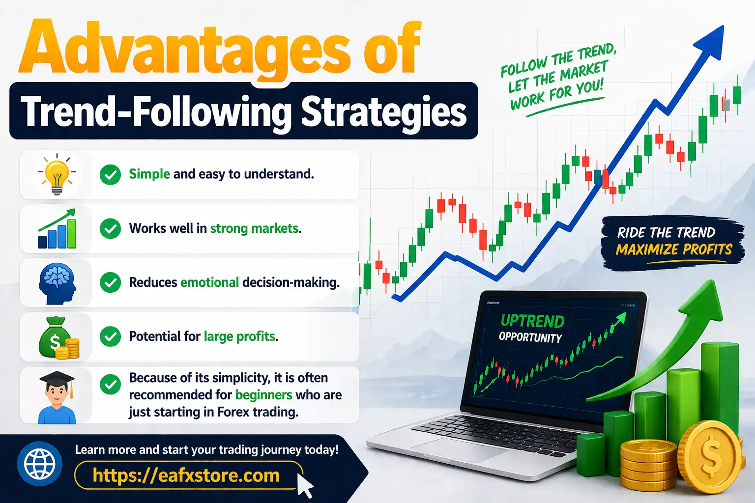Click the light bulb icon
(57, 175)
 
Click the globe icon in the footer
(40, 464)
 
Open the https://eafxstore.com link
(186, 475)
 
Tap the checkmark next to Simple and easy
(110, 174)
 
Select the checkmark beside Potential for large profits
(110, 336)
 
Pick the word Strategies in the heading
(383, 112)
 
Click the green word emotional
(209, 282)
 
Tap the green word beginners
(263, 395)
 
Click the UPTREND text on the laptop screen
(532, 321)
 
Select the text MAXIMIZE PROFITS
(674, 250)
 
